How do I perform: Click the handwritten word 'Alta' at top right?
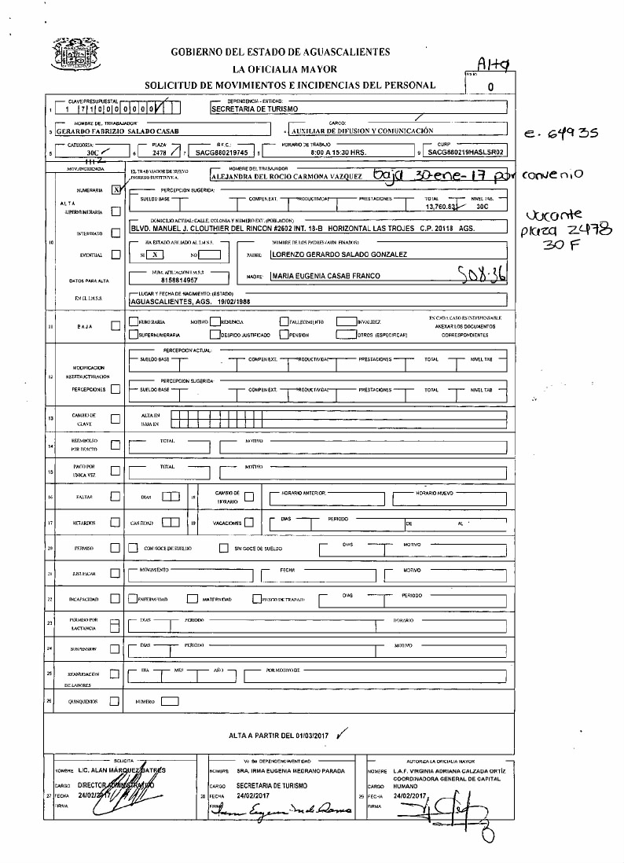[x=493, y=65]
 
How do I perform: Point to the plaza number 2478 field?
[x=159, y=153]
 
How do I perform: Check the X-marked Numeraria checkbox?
[x=116, y=189]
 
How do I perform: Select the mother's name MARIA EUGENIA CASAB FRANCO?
[x=325, y=276]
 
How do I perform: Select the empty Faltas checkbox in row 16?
[x=116, y=496]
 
